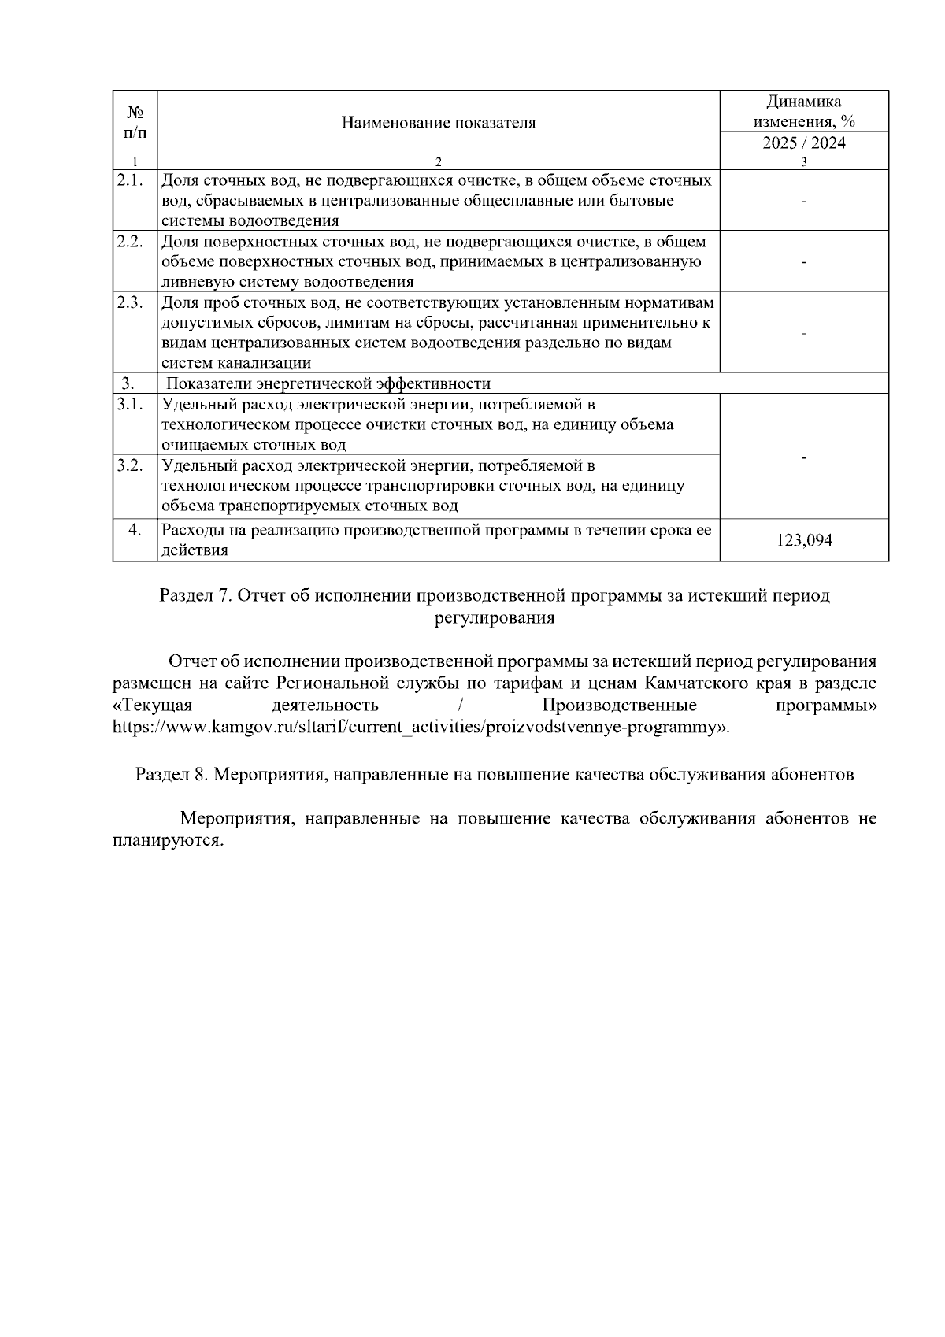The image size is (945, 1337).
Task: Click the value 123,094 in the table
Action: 803,541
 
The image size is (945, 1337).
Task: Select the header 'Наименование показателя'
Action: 439,123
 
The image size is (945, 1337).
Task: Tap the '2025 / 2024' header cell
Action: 803,143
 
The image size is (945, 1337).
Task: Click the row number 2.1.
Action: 129,180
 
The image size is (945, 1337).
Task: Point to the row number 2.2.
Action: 129,242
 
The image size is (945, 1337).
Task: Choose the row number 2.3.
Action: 129,302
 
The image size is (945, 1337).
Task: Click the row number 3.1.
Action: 129,405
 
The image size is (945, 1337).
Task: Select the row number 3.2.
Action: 129,465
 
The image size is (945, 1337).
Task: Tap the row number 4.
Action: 135,530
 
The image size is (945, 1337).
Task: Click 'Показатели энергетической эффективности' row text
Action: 329,384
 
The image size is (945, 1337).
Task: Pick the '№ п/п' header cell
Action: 135,123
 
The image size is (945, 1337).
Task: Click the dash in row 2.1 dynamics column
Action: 803,202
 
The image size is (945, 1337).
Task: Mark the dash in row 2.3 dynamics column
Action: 803,334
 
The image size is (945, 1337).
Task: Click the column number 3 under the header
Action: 803,162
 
